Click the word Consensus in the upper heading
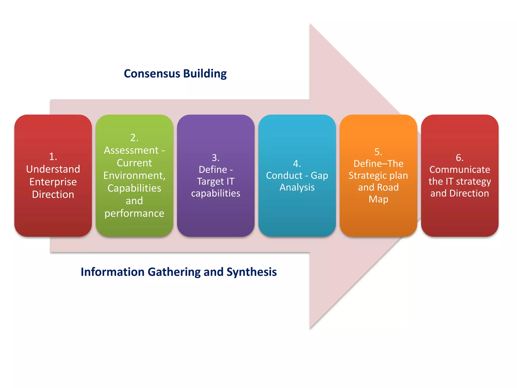click(152, 74)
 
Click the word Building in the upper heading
click(205, 74)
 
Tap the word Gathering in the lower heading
click(174, 272)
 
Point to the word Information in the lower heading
click(113, 272)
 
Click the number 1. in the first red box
click(53, 157)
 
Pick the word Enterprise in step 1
click(53, 182)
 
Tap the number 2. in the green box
click(134, 138)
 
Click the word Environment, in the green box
click(134, 176)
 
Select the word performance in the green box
click(134, 213)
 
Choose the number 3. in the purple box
click(216, 158)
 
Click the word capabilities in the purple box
click(216, 193)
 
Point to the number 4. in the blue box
click(297, 164)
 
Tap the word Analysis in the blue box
click(297, 187)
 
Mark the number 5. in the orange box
click(378, 152)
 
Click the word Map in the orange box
click(378, 199)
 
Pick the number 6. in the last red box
click(459, 158)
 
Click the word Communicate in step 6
click(459, 169)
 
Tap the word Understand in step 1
click(53, 169)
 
